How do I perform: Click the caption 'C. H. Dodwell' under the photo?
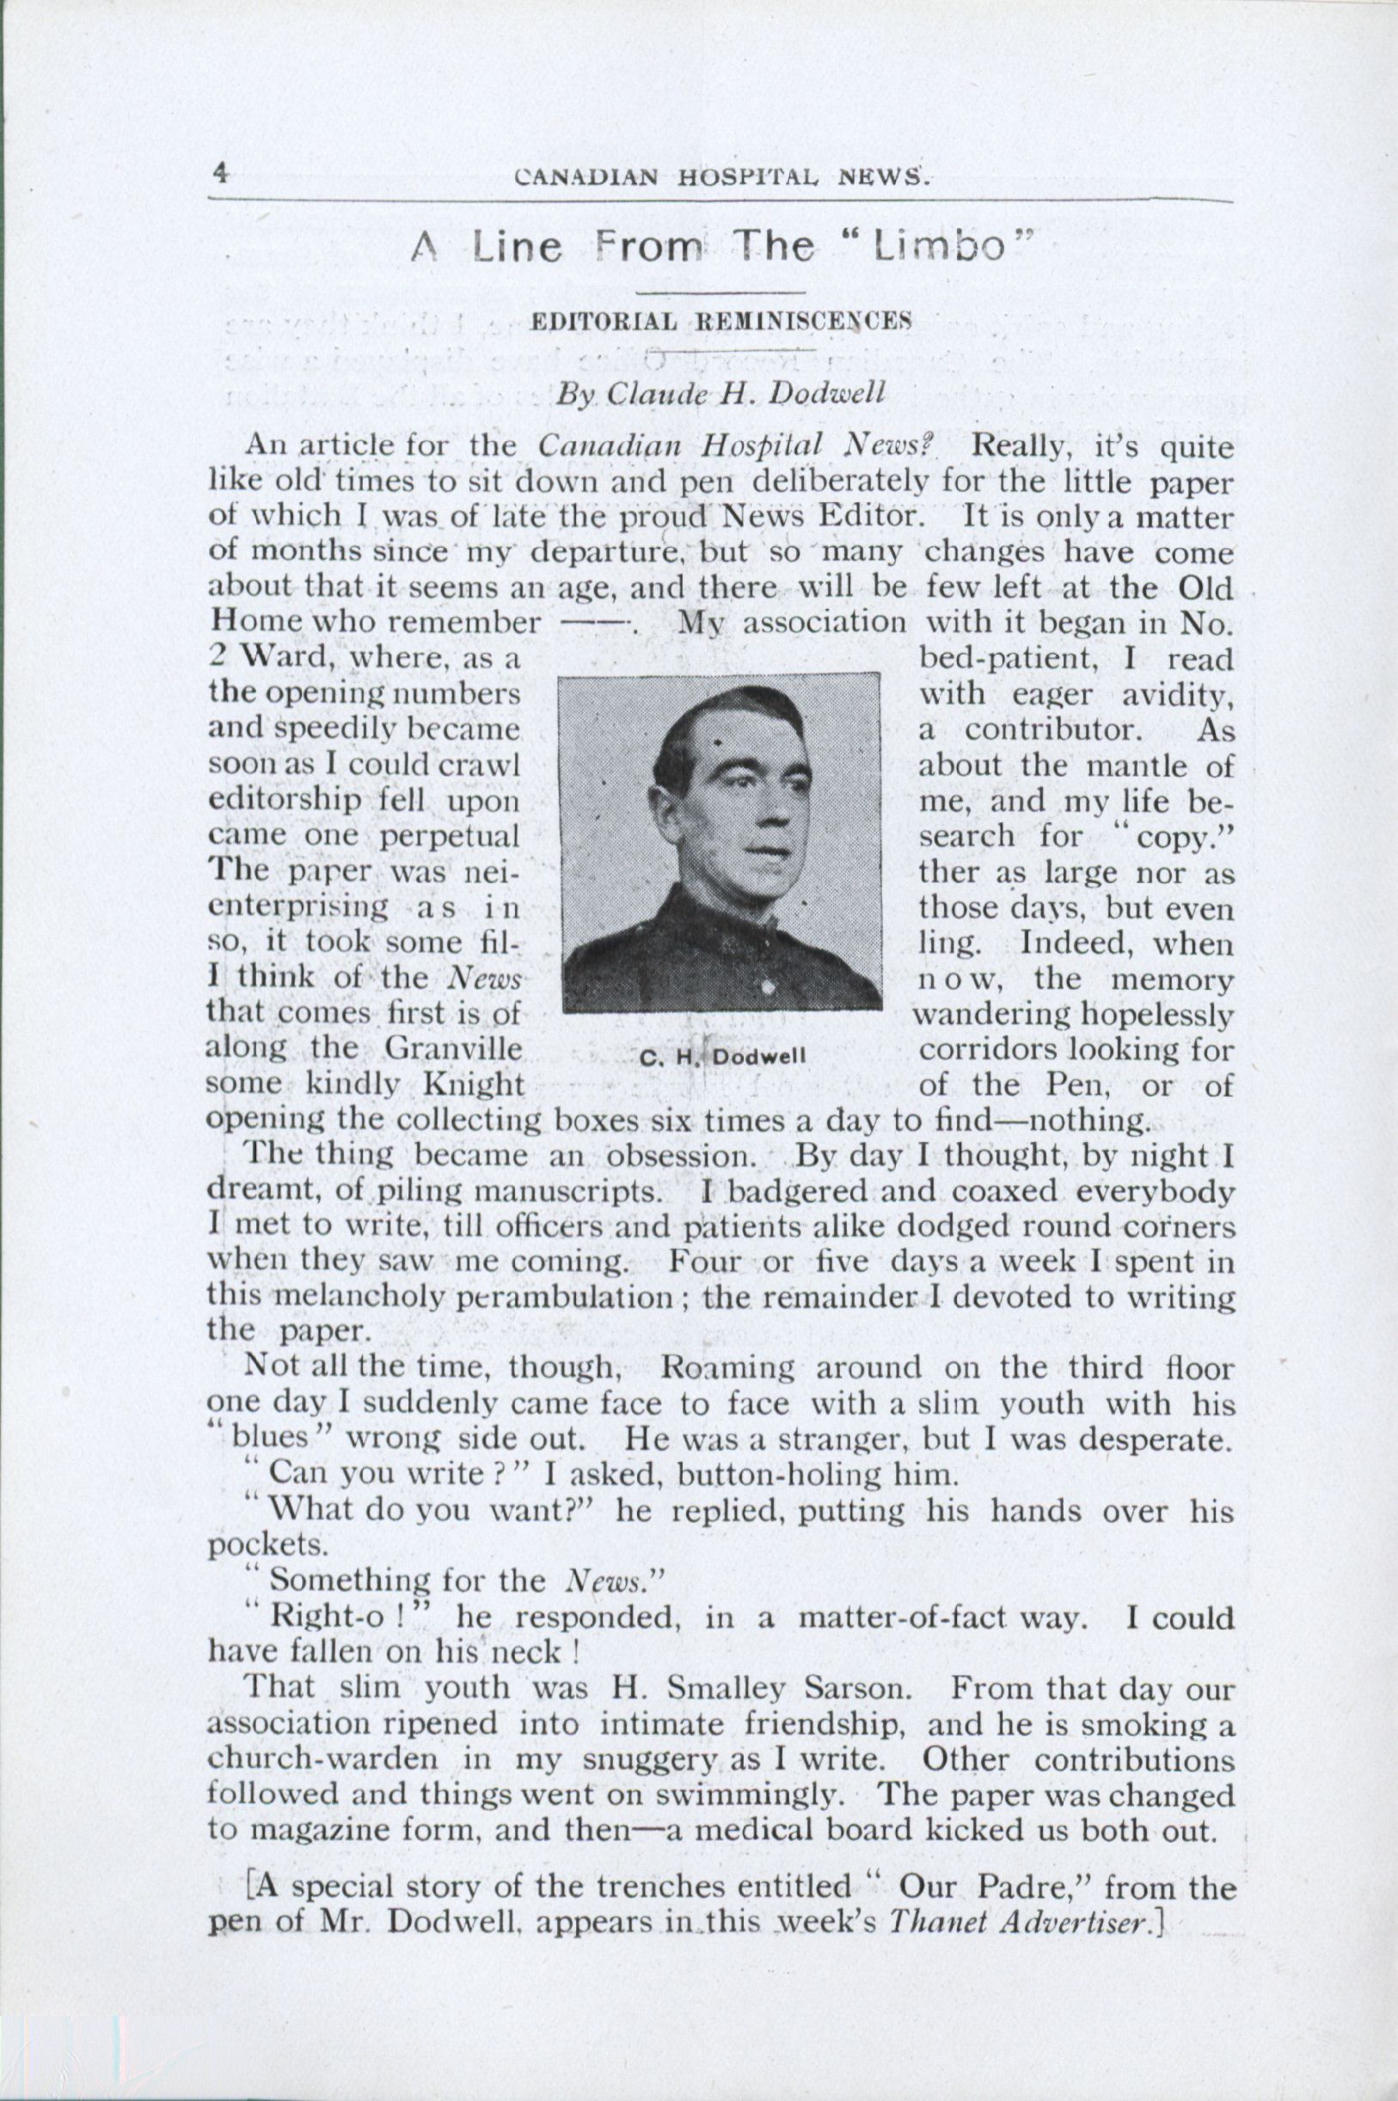[722, 1058]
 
